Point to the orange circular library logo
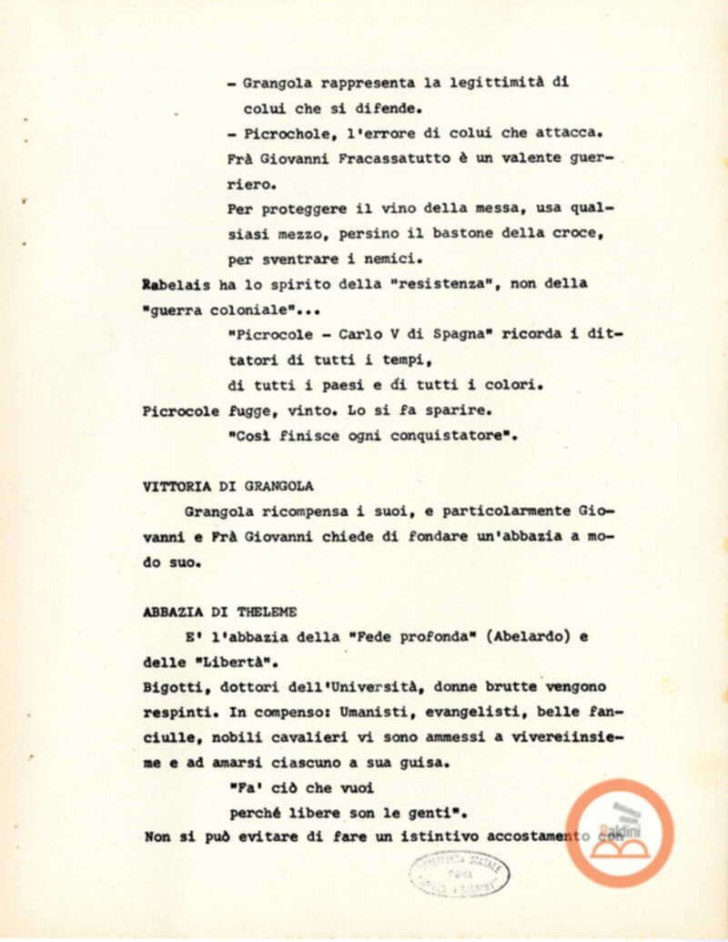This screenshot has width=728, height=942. click(x=620, y=833)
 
